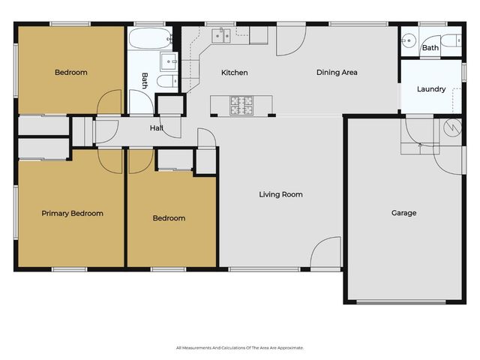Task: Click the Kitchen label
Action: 234,73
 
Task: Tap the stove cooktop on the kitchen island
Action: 243,104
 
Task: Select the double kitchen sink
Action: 221,34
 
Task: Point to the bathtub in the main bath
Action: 151,38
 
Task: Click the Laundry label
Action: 431,89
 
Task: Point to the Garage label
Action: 403,213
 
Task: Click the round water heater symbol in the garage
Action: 452,128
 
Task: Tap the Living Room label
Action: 280,194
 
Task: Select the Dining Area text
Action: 337,73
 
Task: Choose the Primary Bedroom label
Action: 72,213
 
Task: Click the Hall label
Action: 156,128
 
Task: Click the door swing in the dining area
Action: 289,43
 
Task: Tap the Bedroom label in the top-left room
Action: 71,73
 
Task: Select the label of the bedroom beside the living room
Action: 169,218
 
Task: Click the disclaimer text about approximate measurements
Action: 240,347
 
